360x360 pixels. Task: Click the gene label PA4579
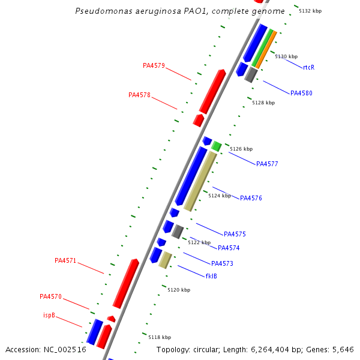coord(154,66)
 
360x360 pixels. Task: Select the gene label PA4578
coord(139,95)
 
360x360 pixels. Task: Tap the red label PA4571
coord(65,261)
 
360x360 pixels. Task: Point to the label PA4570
coord(50,297)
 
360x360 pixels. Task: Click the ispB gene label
coord(49,315)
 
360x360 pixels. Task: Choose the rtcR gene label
coord(308,67)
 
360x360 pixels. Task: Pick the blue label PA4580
coord(301,94)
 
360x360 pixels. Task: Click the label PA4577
coord(267,164)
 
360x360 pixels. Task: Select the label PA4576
coord(251,199)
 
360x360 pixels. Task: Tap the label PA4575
coord(235,235)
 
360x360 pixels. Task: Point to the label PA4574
coord(229,248)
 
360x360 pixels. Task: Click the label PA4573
coord(222,264)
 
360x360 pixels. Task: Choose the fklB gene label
coord(211,277)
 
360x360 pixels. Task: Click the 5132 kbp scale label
coord(310,11)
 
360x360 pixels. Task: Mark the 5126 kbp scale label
coord(241,149)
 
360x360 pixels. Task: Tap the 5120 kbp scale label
coord(179,290)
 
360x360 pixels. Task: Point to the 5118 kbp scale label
coord(160,338)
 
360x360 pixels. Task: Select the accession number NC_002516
coord(64,350)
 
